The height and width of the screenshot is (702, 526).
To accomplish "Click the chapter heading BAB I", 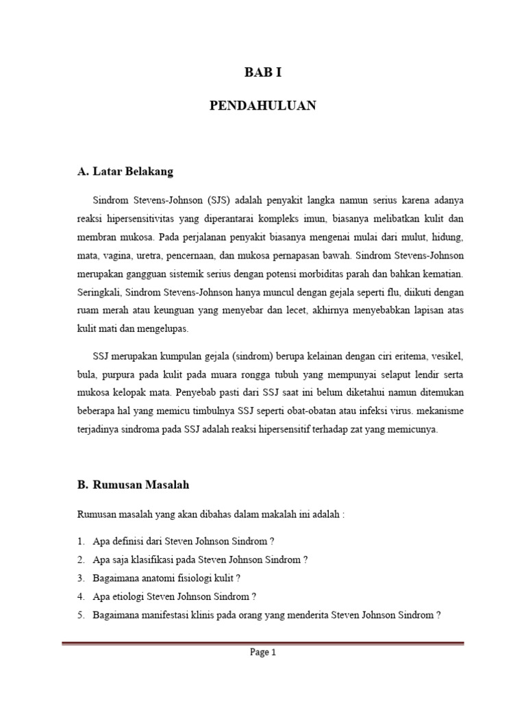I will tap(263, 73).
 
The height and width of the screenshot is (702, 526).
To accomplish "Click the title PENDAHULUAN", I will tap(263, 106).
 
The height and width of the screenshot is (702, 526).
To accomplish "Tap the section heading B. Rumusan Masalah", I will tap(133, 485).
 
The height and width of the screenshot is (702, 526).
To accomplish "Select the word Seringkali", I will tap(99, 292).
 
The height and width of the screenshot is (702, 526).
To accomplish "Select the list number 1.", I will tap(80, 542).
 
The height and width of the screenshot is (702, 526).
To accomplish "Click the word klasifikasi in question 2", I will tap(148, 560).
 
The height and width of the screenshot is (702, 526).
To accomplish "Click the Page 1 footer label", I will tap(263, 653).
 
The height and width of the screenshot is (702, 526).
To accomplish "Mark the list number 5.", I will tap(80, 616).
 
